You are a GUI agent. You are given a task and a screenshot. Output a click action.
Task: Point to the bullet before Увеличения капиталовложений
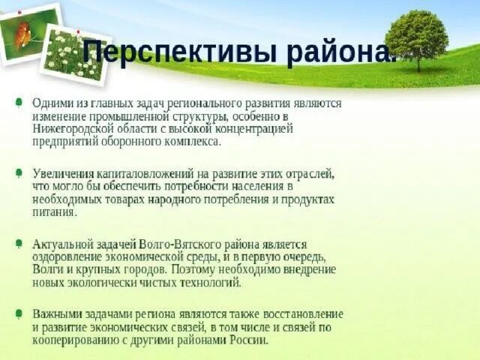pyautogui.click(x=17, y=173)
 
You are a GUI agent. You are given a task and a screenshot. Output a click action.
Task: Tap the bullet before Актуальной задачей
pyautogui.click(x=17, y=244)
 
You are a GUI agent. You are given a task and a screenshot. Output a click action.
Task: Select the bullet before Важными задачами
pyautogui.click(x=17, y=313)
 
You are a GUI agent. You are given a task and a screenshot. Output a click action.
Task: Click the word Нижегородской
pyautogui.click(x=68, y=129)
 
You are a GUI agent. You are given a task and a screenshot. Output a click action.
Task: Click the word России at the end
pyautogui.click(x=248, y=340)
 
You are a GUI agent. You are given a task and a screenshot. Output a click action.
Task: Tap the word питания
pyautogui.click(x=54, y=212)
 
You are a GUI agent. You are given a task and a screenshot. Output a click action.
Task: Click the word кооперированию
pyautogui.click(x=73, y=340)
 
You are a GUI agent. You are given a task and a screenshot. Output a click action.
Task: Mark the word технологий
pyautogui.click(x=213, y=283)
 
